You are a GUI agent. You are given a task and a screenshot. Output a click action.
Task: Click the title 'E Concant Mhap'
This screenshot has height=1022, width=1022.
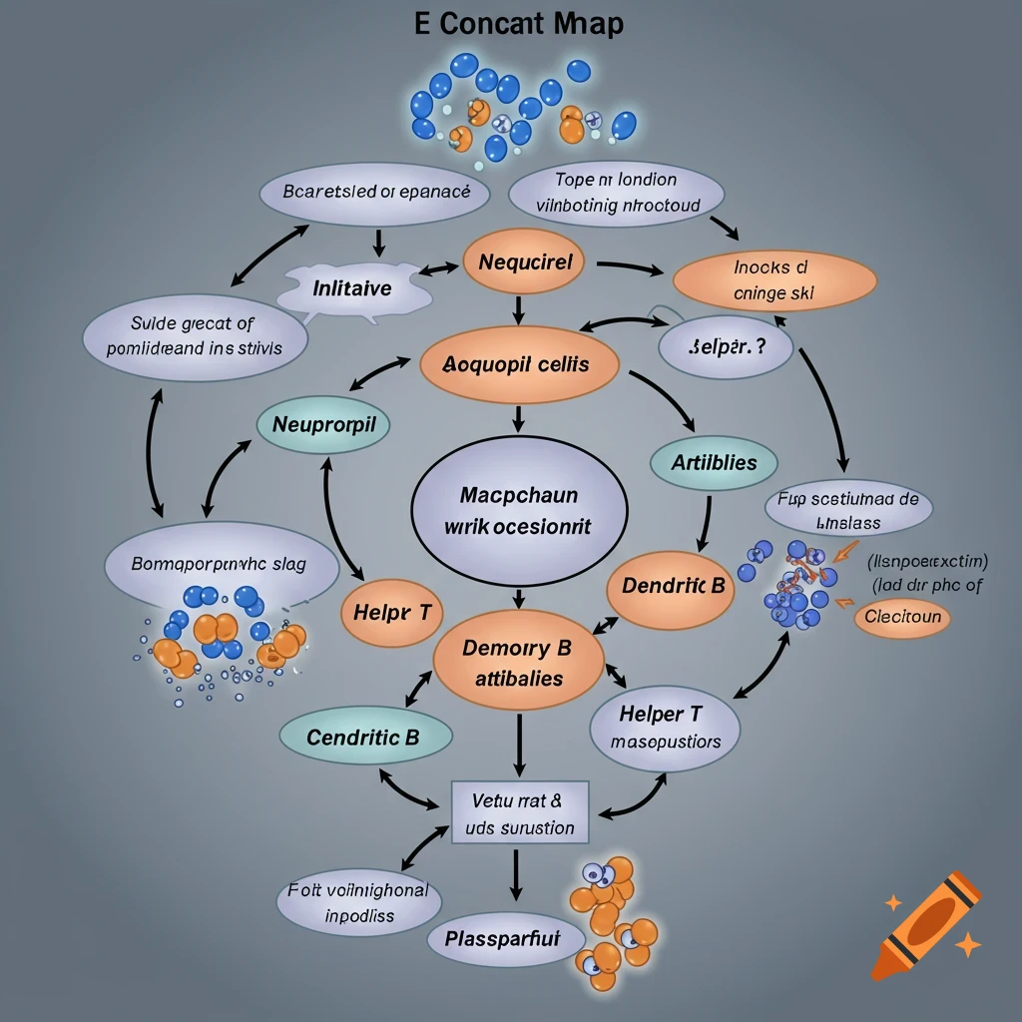point(518,23)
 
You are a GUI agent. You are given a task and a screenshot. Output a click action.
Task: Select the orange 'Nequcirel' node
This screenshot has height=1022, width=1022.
point(526,263)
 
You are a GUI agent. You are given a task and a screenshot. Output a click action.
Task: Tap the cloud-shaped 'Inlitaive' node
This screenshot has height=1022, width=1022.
point(352,288)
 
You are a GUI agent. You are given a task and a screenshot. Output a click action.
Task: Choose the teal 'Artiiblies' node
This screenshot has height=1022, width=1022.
point(714,463)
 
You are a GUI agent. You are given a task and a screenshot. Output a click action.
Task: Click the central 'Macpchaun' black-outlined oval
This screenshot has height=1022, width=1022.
point(519,510)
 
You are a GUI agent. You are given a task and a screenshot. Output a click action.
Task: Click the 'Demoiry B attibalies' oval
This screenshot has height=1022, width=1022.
point(519,663)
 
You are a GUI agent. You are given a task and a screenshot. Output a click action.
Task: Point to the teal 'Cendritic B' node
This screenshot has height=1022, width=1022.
point(364,739)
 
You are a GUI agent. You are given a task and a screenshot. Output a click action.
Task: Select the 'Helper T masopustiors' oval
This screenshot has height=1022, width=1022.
point(665,728)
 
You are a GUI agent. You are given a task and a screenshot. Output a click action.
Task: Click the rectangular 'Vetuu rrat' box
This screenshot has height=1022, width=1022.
point(520,812)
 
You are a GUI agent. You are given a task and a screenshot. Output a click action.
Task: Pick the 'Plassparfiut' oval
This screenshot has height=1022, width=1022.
point(502,938)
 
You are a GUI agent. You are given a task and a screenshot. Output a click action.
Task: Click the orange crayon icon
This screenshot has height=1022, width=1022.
point(924,923)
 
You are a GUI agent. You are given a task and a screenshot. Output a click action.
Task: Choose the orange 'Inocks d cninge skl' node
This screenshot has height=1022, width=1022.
point(774,280)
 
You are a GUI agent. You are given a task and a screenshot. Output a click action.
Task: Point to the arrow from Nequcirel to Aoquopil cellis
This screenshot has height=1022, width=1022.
point(518,309)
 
